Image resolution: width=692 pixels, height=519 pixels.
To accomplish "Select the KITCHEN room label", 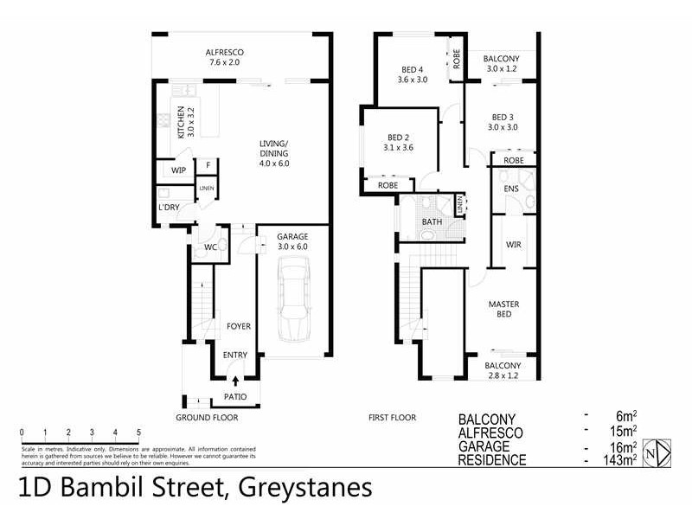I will click(182, 123).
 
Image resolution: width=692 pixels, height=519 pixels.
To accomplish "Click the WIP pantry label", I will click(179, 170).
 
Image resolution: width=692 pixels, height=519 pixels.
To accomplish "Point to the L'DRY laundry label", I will click(168, 208).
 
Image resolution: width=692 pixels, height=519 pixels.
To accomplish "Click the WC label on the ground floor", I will click(209, 248).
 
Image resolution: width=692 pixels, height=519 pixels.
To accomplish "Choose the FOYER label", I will click(239, 326).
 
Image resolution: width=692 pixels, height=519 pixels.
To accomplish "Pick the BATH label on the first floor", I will click(432, 222).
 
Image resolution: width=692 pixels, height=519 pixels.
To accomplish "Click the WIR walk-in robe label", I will click(513, 245).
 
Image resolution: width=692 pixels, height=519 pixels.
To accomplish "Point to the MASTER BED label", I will click(503, 309).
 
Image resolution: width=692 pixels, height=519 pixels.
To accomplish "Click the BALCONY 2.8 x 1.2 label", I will click(503, 370).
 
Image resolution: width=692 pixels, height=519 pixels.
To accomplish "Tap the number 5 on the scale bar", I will click(138, 432).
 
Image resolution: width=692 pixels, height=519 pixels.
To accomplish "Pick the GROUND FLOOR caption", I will click(207, 417).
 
